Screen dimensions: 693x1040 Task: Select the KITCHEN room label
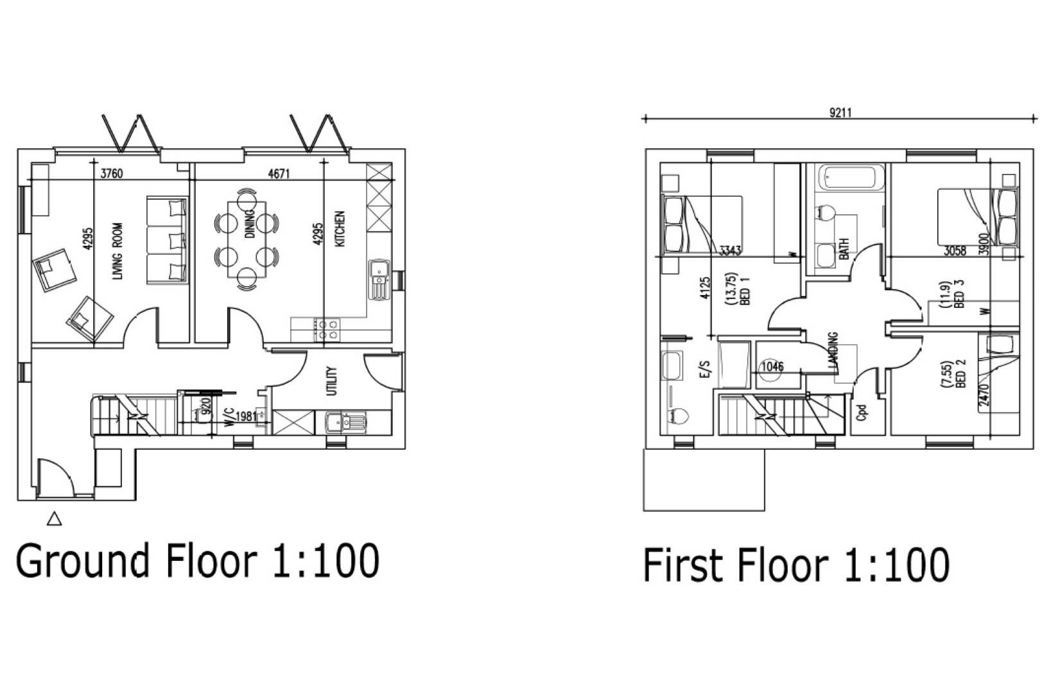(340, 228)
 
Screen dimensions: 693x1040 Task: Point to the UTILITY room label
(332, 381)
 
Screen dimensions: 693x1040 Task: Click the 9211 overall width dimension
(840, 113)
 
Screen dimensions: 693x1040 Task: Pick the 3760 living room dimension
(112, 173)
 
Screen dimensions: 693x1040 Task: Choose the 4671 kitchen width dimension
(279, 173)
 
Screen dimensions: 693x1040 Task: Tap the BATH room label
(844, 249)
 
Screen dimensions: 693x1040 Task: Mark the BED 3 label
(960, 294)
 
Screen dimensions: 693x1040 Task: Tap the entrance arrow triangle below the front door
(55, 518)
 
